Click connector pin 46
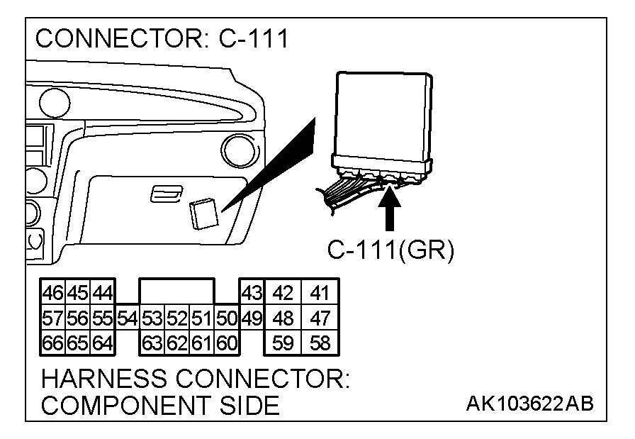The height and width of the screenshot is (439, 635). pyautogui.click(x=52, y=292)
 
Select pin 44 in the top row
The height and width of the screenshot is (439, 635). pyautogui.click(x=102, y=292)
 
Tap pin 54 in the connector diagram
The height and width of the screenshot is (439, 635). pyautogui.click(x=127, y=318)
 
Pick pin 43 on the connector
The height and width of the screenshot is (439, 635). pyautogui.click(x=252, y=292)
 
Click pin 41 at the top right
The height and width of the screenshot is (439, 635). pyautogui.click(x=320, y=292)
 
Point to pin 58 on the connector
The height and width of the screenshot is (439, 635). pyautogui.click(x=320, y=344)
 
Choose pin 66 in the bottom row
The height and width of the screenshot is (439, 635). pyautogui.click(x=52, y=344)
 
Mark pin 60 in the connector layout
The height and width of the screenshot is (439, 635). pyautogui.click(x=226, y=344)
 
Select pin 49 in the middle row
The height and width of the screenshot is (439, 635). pyautogui.click(x=252, y=318)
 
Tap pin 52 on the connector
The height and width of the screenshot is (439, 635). pyautogui.click(x=176, y=318)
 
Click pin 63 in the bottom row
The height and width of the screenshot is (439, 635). pyautogui.click(x=152, y=344)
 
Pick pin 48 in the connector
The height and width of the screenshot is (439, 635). pyautogui.click(x=283, y=318)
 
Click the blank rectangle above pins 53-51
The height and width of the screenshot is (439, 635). pyautogui.click(x=176, y=291)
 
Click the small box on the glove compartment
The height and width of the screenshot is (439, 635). pyautogui.click(x=203, y=212)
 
